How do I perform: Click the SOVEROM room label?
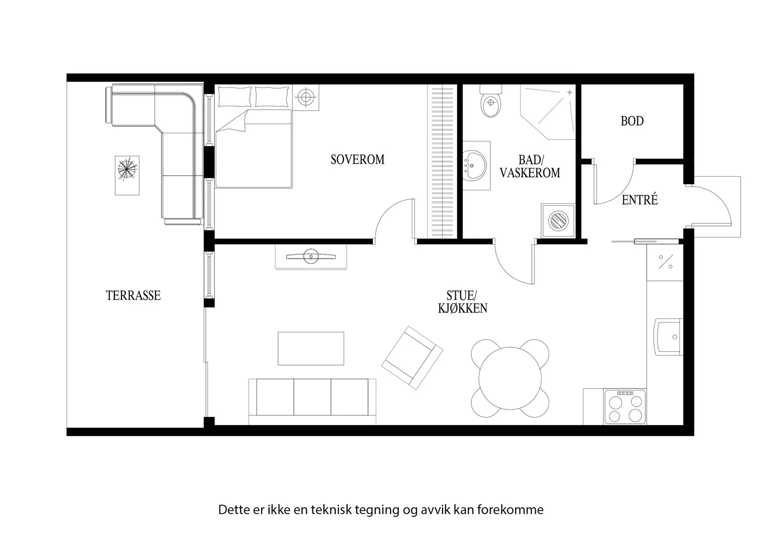tap(358, 160)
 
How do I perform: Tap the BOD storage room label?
tap(632, 121)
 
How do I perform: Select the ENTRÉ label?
tap(640, 200)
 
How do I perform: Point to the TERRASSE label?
tap(133, 296)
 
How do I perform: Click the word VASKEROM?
tap(530, 173)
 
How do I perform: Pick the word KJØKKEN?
tap(462, 309)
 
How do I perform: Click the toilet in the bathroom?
tap(491, 101)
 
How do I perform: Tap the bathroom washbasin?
tap(476, 165)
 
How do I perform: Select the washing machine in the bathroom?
tap(558, 221)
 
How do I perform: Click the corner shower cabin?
tap(548, 112)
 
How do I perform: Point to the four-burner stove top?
tap(625, 406)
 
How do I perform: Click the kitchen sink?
tap(669, 337)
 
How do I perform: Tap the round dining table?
tap(510, 378)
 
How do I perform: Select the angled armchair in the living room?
tap(412, 358)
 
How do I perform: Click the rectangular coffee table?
tap(311, 349)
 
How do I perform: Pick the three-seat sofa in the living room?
tap(312, 401)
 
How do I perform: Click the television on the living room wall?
tap(311, 256)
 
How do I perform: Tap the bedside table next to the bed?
tap(306, 98)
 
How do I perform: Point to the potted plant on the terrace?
tap(127, 169)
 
